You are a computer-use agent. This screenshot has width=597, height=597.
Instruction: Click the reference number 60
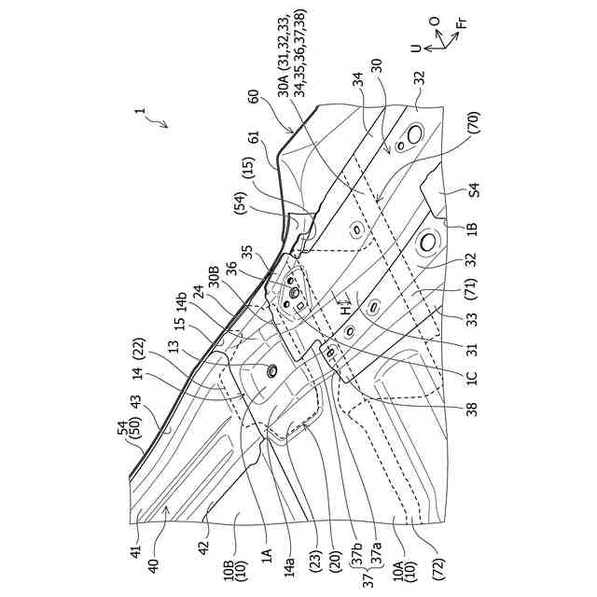point(253,96)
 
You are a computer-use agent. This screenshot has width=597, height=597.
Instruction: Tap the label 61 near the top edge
point(253,137)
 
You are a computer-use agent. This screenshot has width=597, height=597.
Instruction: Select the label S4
point(474,190)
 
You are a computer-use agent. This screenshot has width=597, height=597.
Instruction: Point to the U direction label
point(416,48)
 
